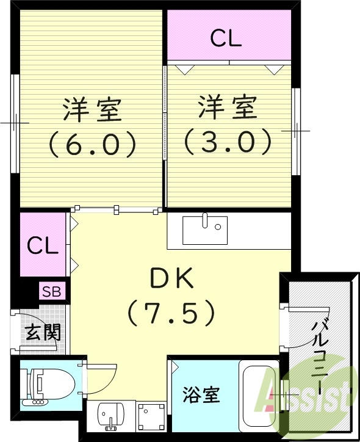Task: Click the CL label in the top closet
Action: tap(226, 38)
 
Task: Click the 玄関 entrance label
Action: tap(42, 333)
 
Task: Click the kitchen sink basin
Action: tap(204, 230)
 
